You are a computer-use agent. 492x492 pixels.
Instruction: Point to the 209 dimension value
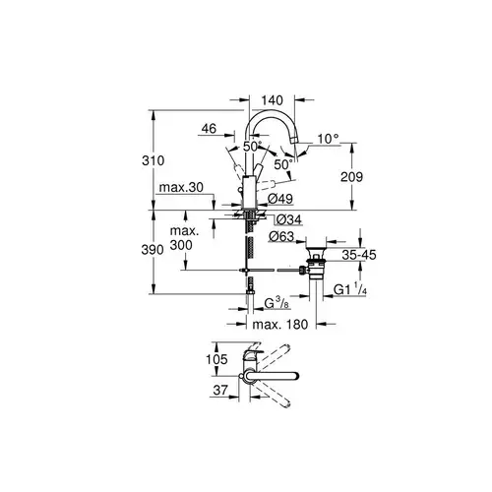click(363, 177)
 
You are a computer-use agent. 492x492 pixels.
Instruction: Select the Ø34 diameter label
click(288, 218)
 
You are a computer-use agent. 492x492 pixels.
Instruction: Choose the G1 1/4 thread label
click(351, 289)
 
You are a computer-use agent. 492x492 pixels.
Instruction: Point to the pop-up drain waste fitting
click(319, 266)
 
